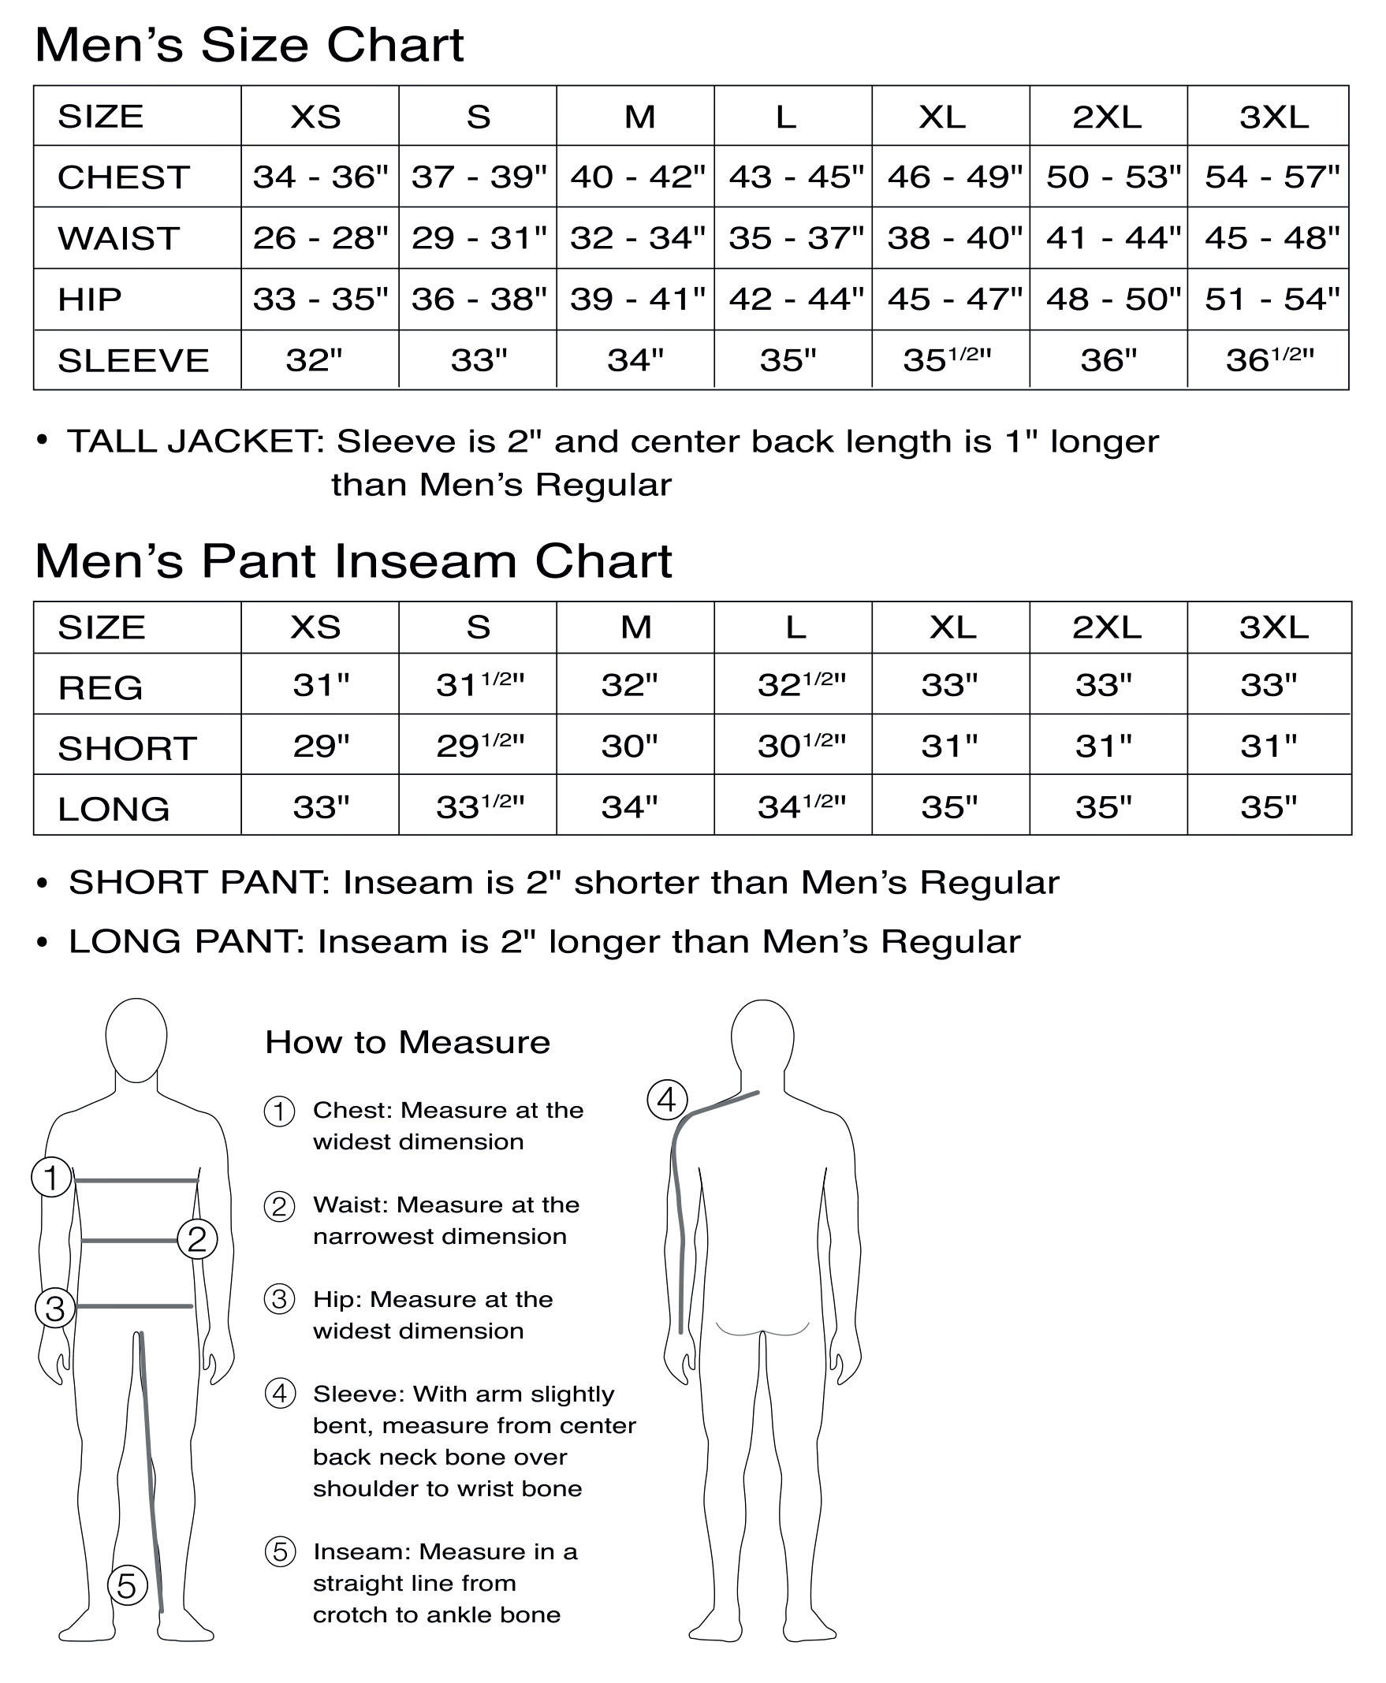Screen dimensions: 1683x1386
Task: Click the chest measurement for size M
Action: coord(637,177)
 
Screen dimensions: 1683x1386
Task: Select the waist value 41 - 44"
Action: coord(1113,237)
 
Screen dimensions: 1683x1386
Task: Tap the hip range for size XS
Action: coord(320,299)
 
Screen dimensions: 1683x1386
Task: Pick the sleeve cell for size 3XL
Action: coord(1269,359)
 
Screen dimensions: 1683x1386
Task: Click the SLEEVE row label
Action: coord(133,360)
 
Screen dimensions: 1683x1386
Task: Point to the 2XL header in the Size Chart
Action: coord(1107,117)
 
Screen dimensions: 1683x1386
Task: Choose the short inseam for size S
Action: coord(479,745)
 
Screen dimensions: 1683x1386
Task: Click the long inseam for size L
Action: coord(801,806)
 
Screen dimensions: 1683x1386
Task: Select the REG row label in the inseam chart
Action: coord(101,687)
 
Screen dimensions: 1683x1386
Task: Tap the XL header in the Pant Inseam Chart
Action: coord(952,627)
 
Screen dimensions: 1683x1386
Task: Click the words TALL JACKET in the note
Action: coord(195,441)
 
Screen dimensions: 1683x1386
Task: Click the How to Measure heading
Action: coord(407,1042)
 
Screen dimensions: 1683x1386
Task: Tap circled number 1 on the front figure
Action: coord(52,1177)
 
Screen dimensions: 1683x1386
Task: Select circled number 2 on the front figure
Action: coord(197,1239)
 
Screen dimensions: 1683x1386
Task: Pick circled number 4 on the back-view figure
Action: coord(667,1100)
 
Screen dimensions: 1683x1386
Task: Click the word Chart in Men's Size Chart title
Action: coord(395,45)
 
